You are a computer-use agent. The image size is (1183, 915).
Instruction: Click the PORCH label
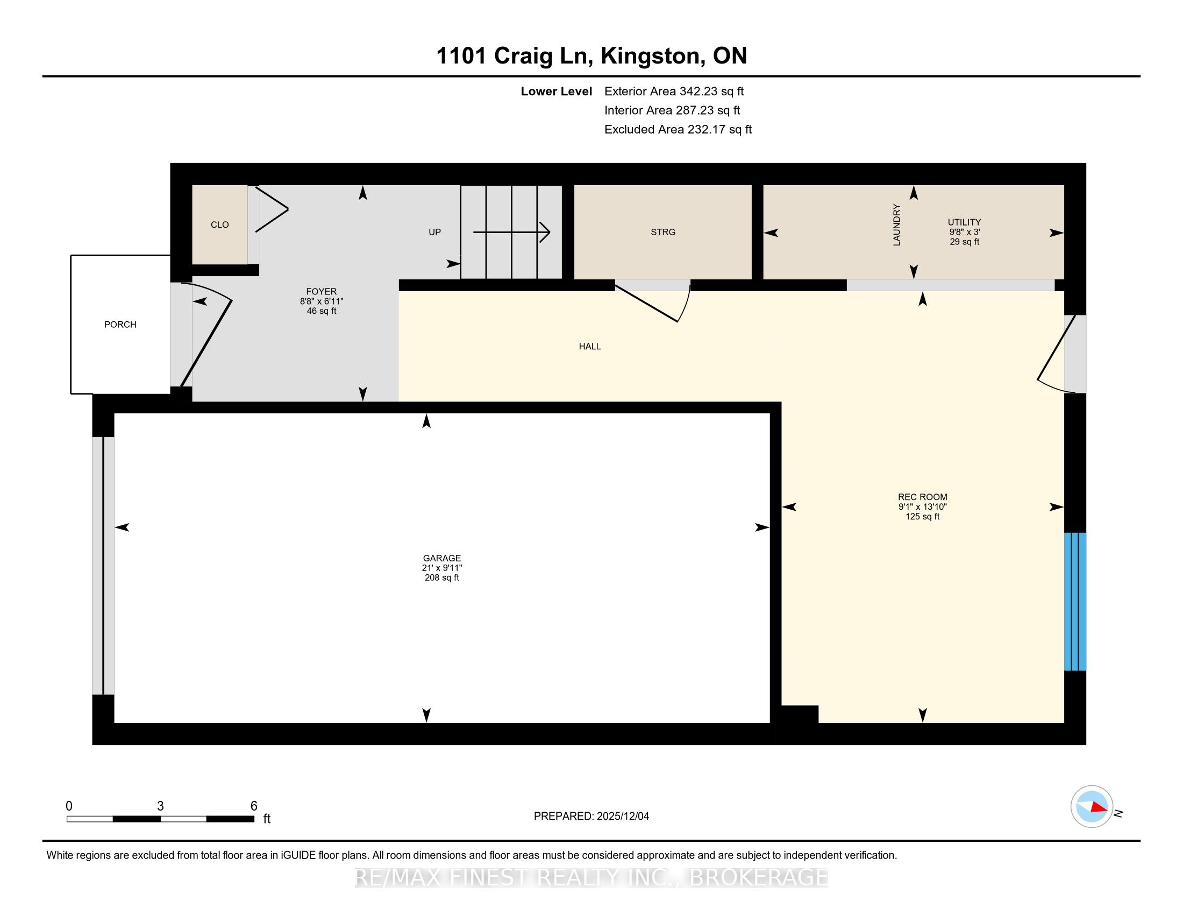[120, 325]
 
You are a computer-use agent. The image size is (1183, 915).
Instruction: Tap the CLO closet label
[219, 224]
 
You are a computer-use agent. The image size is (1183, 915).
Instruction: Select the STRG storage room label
[663, 232]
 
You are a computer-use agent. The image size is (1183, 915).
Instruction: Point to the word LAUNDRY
[896, 225]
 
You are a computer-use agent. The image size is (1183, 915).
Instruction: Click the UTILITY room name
[964, 222]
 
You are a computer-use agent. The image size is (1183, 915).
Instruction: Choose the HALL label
[590, 347]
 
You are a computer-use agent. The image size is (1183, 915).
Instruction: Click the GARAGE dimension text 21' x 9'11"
[442, 568]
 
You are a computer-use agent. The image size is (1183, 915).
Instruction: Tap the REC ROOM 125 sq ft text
[922, 517]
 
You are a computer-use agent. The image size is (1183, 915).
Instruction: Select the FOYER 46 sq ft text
[321, 311]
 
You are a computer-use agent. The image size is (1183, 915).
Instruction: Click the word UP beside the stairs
[434, 232]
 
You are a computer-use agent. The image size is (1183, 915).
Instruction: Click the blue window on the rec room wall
[1075, 602]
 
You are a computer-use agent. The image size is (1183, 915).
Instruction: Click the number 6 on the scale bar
[253, 806]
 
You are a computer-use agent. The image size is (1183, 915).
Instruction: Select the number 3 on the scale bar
[160, 806]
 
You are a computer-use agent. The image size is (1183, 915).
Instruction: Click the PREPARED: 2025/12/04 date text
[591, 817]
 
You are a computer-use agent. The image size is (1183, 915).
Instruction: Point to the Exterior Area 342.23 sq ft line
[674, 91]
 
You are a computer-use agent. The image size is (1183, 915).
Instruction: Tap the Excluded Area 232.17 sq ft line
[678, 130]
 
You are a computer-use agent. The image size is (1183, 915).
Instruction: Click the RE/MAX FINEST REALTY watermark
[591, 878]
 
